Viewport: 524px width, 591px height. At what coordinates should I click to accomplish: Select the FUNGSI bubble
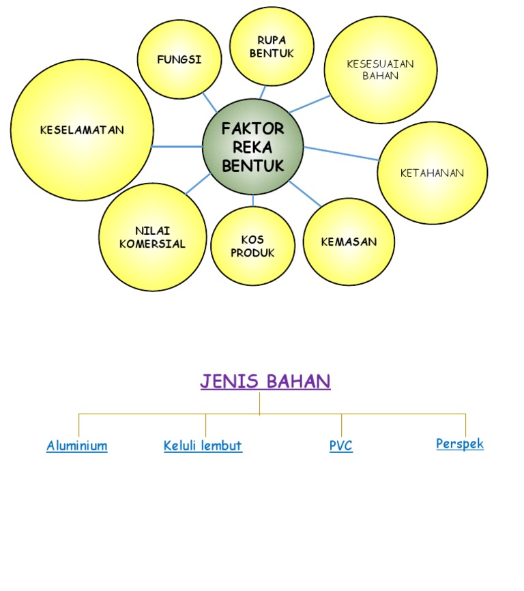[x=179, y=59]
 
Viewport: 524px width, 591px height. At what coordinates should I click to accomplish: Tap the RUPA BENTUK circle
[x=272, y=46]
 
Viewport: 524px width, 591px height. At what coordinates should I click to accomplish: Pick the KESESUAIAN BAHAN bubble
[x=380, y=70]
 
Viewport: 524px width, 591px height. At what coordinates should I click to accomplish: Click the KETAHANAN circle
[x=432, y=173]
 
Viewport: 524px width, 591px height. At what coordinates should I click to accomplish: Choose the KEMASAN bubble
[x=349, y=242]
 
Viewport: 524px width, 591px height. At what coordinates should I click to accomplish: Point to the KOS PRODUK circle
[x=252, y=246]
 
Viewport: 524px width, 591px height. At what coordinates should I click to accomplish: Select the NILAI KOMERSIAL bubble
[x=152, y=237]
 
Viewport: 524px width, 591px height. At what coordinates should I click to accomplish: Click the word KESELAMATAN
[x=82, y=130]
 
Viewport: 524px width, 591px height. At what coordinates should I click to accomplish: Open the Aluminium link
[x=77, y=446]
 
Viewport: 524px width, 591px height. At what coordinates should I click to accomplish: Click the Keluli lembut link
[x=203, y=446]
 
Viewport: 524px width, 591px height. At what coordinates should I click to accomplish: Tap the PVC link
[x=340, y=446]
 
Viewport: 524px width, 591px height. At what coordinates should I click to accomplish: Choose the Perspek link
[x=460, y=444]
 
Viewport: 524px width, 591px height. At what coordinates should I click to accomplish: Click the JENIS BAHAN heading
[x=265, y=381]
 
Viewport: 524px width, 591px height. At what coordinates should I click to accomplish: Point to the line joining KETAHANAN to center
[x=341, y=154]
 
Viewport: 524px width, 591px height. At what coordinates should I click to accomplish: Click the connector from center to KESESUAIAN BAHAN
[x=310, y=104]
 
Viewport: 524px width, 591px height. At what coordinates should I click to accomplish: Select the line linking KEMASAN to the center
[x=304, y=193]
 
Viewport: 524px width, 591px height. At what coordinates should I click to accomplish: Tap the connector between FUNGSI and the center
[x=209, y=102]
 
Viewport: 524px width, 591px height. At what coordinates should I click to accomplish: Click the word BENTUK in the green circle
[x=253, y=165]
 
